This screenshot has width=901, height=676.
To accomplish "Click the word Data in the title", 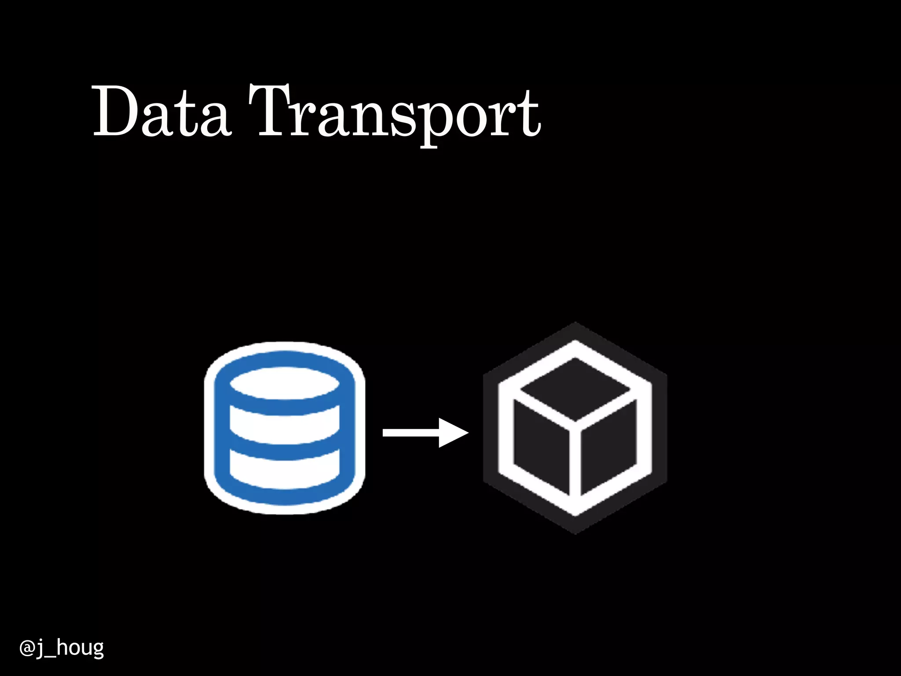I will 161,111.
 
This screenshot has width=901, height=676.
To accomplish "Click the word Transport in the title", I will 395,112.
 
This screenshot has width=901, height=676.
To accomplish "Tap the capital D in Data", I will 115,111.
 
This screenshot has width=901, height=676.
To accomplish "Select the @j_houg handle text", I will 62,648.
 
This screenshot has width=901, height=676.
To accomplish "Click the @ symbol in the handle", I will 27,648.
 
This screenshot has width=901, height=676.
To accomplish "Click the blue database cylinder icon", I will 285,428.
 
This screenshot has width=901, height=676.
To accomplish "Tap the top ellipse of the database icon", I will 285,383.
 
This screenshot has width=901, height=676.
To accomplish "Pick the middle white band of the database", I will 285,425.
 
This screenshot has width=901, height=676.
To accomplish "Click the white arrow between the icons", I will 425,433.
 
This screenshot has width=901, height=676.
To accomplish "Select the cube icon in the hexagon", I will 575,428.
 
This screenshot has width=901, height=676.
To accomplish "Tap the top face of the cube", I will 575,389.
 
